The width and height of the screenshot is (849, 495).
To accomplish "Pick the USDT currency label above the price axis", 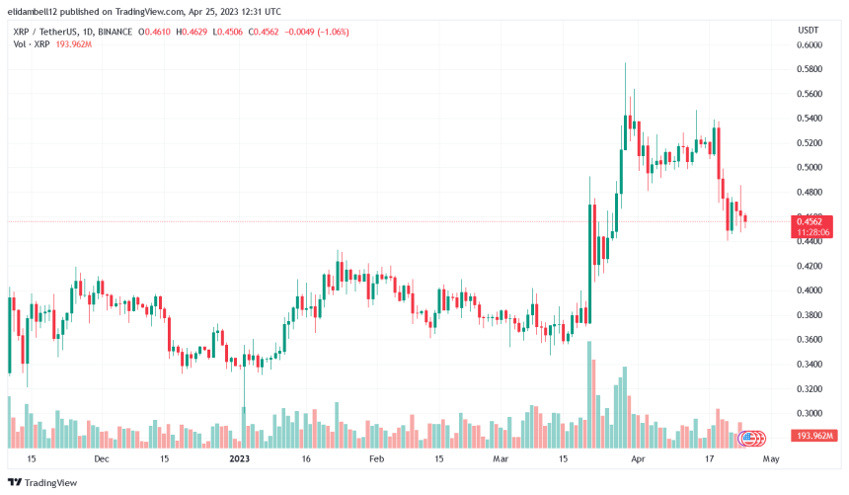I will [808, 30].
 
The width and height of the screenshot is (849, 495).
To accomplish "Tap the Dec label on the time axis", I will [101, 459].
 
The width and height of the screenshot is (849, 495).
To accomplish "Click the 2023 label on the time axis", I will [239, 459].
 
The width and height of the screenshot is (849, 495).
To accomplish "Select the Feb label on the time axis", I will [375, 459].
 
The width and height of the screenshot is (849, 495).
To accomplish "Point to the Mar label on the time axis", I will [501, 459].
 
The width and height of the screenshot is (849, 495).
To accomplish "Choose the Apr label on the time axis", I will [638, 459].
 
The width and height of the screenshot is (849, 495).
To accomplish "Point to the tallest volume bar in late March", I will [589, 394].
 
